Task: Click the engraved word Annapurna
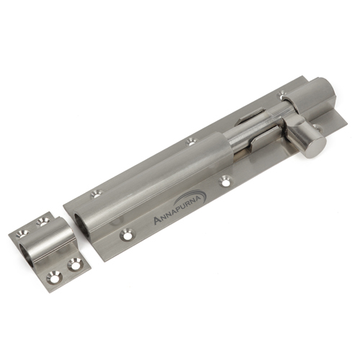pos(179,210)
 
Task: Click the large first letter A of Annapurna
pos(157,220)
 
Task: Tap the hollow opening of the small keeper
pos(27,254)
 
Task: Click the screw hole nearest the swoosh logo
pos(225,181)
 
